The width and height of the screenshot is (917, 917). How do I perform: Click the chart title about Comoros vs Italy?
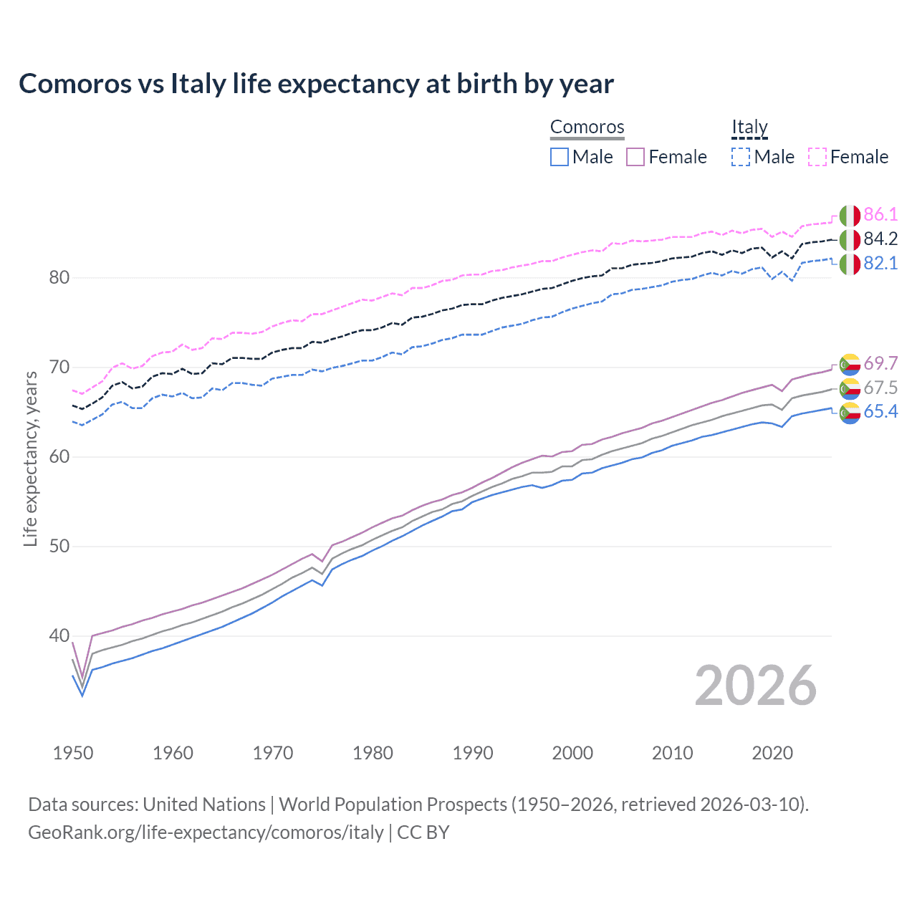coord(316,84)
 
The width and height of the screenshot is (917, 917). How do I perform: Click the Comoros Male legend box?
coord(560,157)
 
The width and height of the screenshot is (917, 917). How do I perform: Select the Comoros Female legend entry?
coord(667,157)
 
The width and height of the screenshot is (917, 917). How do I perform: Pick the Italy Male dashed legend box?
coord(741,157)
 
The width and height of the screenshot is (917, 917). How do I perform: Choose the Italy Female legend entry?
coord(849,157)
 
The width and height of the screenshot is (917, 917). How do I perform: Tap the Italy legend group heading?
coord(749,128)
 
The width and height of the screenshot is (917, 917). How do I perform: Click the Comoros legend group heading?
coord(587,128)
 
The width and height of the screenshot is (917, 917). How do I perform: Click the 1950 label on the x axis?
coord(73,753)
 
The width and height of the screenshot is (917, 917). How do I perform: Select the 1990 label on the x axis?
coord(473,753)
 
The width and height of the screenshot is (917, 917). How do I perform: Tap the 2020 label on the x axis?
coord(772,753)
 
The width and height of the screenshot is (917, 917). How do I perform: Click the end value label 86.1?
coord(880,214)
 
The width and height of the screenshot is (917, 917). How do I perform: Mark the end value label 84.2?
coord(880,239)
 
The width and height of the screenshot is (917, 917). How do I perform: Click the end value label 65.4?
coord(880,411)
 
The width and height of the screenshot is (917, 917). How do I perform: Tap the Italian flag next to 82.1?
coord(850,264)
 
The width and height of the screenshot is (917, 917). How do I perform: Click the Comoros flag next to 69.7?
coord(850,364)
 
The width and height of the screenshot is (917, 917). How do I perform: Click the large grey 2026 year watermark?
coord(756,686)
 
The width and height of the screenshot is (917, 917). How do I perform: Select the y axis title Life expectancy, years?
coord(30,458)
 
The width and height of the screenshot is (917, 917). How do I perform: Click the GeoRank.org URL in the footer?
coord(206,832)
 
